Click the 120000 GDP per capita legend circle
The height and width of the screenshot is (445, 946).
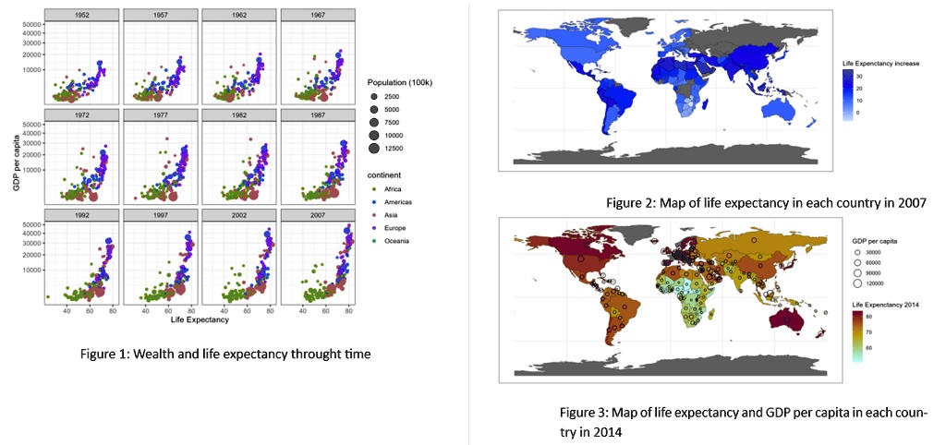coord(858,284)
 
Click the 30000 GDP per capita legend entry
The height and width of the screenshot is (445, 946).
coord(870,252)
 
